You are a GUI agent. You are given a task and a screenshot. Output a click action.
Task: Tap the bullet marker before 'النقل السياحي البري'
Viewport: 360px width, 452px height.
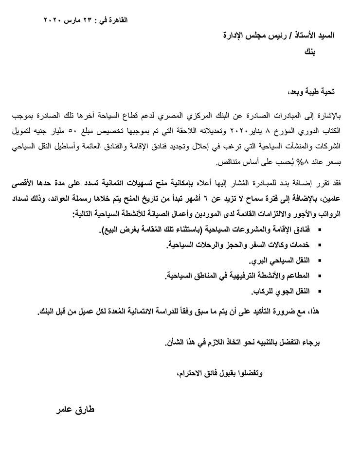pyautogui.click(x=320, y=261)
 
